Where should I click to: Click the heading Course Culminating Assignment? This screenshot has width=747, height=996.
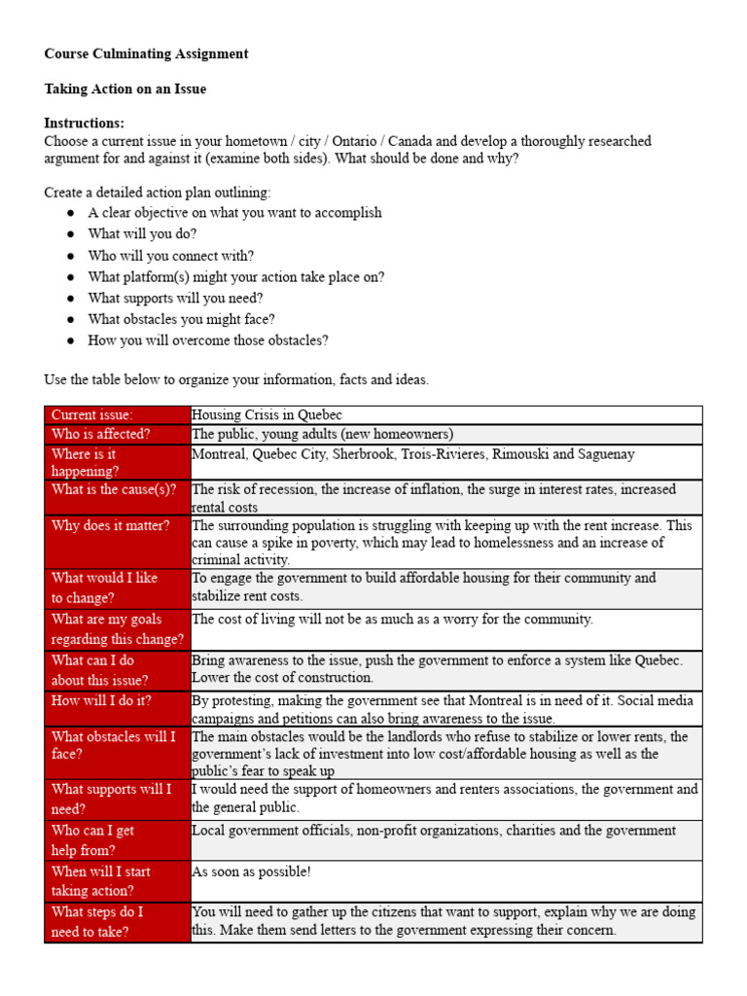(146, 54)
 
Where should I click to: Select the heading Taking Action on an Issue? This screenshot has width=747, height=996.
(124, 89)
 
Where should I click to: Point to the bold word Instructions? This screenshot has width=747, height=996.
(84, 124)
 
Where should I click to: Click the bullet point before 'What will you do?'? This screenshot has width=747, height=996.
(71, 234)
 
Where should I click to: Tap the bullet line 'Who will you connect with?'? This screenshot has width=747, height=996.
(170, 256)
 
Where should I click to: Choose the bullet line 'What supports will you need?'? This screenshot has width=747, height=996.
(175, 299)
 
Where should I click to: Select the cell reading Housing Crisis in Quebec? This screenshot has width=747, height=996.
(267, 415)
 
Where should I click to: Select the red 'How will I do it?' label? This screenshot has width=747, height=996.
(101, 700)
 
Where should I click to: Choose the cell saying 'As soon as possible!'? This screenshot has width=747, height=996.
(251, 871)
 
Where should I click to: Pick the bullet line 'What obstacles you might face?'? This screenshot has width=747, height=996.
(181, 319)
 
